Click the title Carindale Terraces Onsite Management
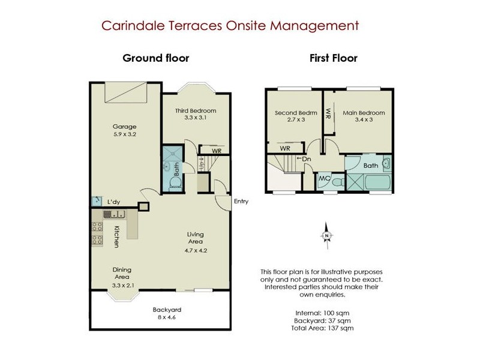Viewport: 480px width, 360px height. [230, 26]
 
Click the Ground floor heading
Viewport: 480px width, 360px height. [156, 58]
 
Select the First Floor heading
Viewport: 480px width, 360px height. [334, 58]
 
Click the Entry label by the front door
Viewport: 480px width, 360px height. [241, 202]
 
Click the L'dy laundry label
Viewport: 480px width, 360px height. [113, 202]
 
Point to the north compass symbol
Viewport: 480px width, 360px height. [326, 235]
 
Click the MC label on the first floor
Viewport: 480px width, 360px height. [324, 179]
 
